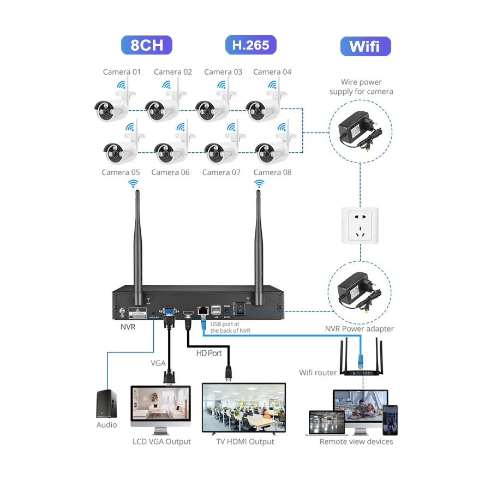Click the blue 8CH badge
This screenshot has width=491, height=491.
coord(146,45)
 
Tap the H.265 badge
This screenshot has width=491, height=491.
coord(251,45)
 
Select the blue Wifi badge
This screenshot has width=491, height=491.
coord(366,46)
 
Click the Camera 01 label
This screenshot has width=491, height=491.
coord(122,72)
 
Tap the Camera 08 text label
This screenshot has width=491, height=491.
coord(272,172)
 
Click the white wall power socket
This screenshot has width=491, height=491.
coord(360,224)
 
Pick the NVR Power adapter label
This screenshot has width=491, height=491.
coord(359,329)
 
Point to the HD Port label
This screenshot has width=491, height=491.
coord(209,353)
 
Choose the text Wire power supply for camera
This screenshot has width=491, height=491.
coord(361,87)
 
